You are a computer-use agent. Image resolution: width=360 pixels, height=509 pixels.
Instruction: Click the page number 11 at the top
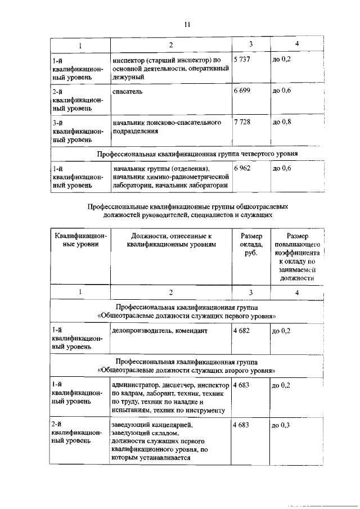tap(188, 24)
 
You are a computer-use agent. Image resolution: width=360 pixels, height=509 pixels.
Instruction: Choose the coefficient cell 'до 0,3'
tap(280, 425)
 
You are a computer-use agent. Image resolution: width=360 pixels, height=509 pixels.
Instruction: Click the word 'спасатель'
tap(127, 91)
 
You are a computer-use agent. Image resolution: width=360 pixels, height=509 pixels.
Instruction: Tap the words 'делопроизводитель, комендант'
tap(160, 331)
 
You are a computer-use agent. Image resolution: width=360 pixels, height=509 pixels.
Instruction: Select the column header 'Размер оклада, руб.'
tap(251, 245)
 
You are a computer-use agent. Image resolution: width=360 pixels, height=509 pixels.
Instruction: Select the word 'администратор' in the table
tap(136, 386)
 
